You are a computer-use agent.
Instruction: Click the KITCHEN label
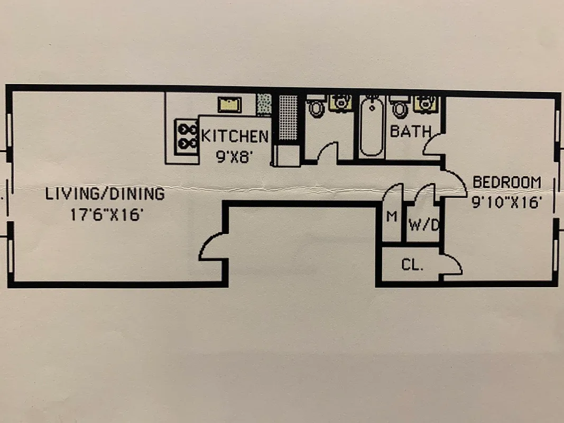[x=234, y=136]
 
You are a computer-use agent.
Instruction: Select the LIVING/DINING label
[x=105, y=194]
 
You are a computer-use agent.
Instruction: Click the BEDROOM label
[x=507, y=182]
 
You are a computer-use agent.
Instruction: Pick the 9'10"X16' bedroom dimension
[x=507, y=202]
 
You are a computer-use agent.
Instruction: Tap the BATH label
[x=410, y=131]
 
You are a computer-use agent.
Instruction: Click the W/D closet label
[x=424, y=226]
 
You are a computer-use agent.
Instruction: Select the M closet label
[x=392, y=217]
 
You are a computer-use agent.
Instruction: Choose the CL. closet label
[x=412, y=265]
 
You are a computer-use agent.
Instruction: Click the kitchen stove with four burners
[x=186, y=136]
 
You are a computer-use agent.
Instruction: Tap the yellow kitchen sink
[x=230, y=104]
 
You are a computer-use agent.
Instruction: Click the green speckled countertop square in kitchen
[x=263, y=104]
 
